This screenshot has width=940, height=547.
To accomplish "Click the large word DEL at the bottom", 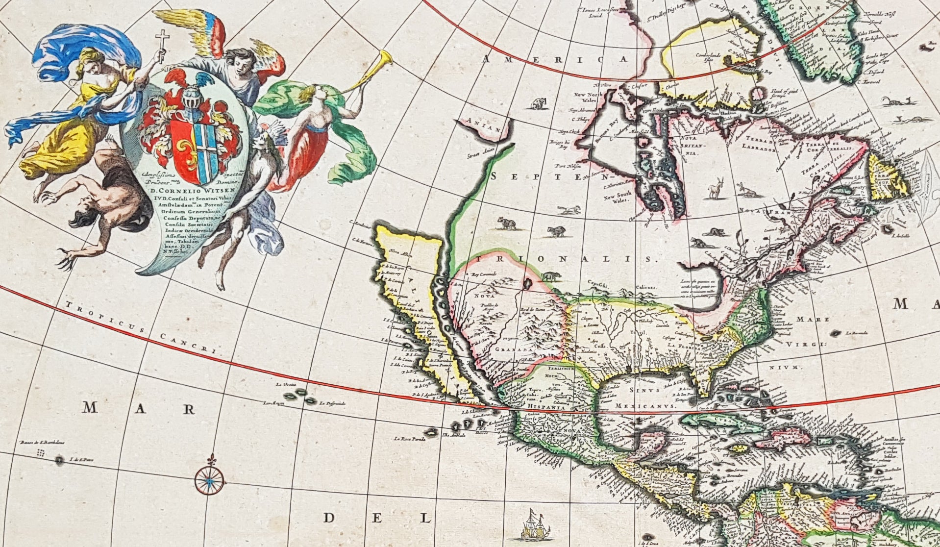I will pyautogui.click(x=377, y=518).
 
